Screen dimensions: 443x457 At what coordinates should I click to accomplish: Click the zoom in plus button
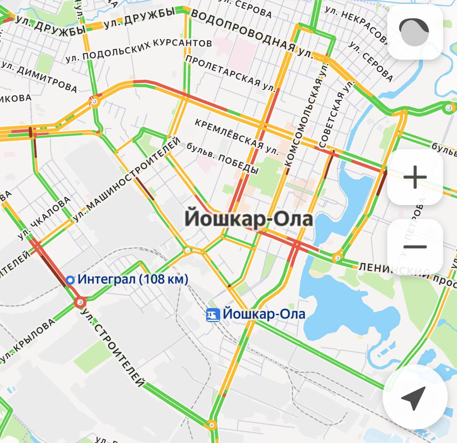(415, 177)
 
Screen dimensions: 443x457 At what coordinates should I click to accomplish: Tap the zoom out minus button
(415, 247)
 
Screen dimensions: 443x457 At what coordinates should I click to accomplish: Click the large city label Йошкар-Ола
(248, 218)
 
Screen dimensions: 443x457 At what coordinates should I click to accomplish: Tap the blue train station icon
(212, 315)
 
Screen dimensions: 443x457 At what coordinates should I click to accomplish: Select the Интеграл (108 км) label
(133, 279)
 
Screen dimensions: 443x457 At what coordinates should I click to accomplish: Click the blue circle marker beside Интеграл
(70, 280)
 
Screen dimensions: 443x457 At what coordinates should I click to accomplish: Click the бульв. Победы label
(222, 158)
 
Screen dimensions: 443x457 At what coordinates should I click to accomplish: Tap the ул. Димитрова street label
(39, 77)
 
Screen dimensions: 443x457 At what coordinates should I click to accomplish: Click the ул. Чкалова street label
(45, 219)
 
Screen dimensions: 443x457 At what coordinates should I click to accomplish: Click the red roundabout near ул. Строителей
(80, 302)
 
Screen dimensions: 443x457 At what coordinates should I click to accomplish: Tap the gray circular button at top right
(414, 32)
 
